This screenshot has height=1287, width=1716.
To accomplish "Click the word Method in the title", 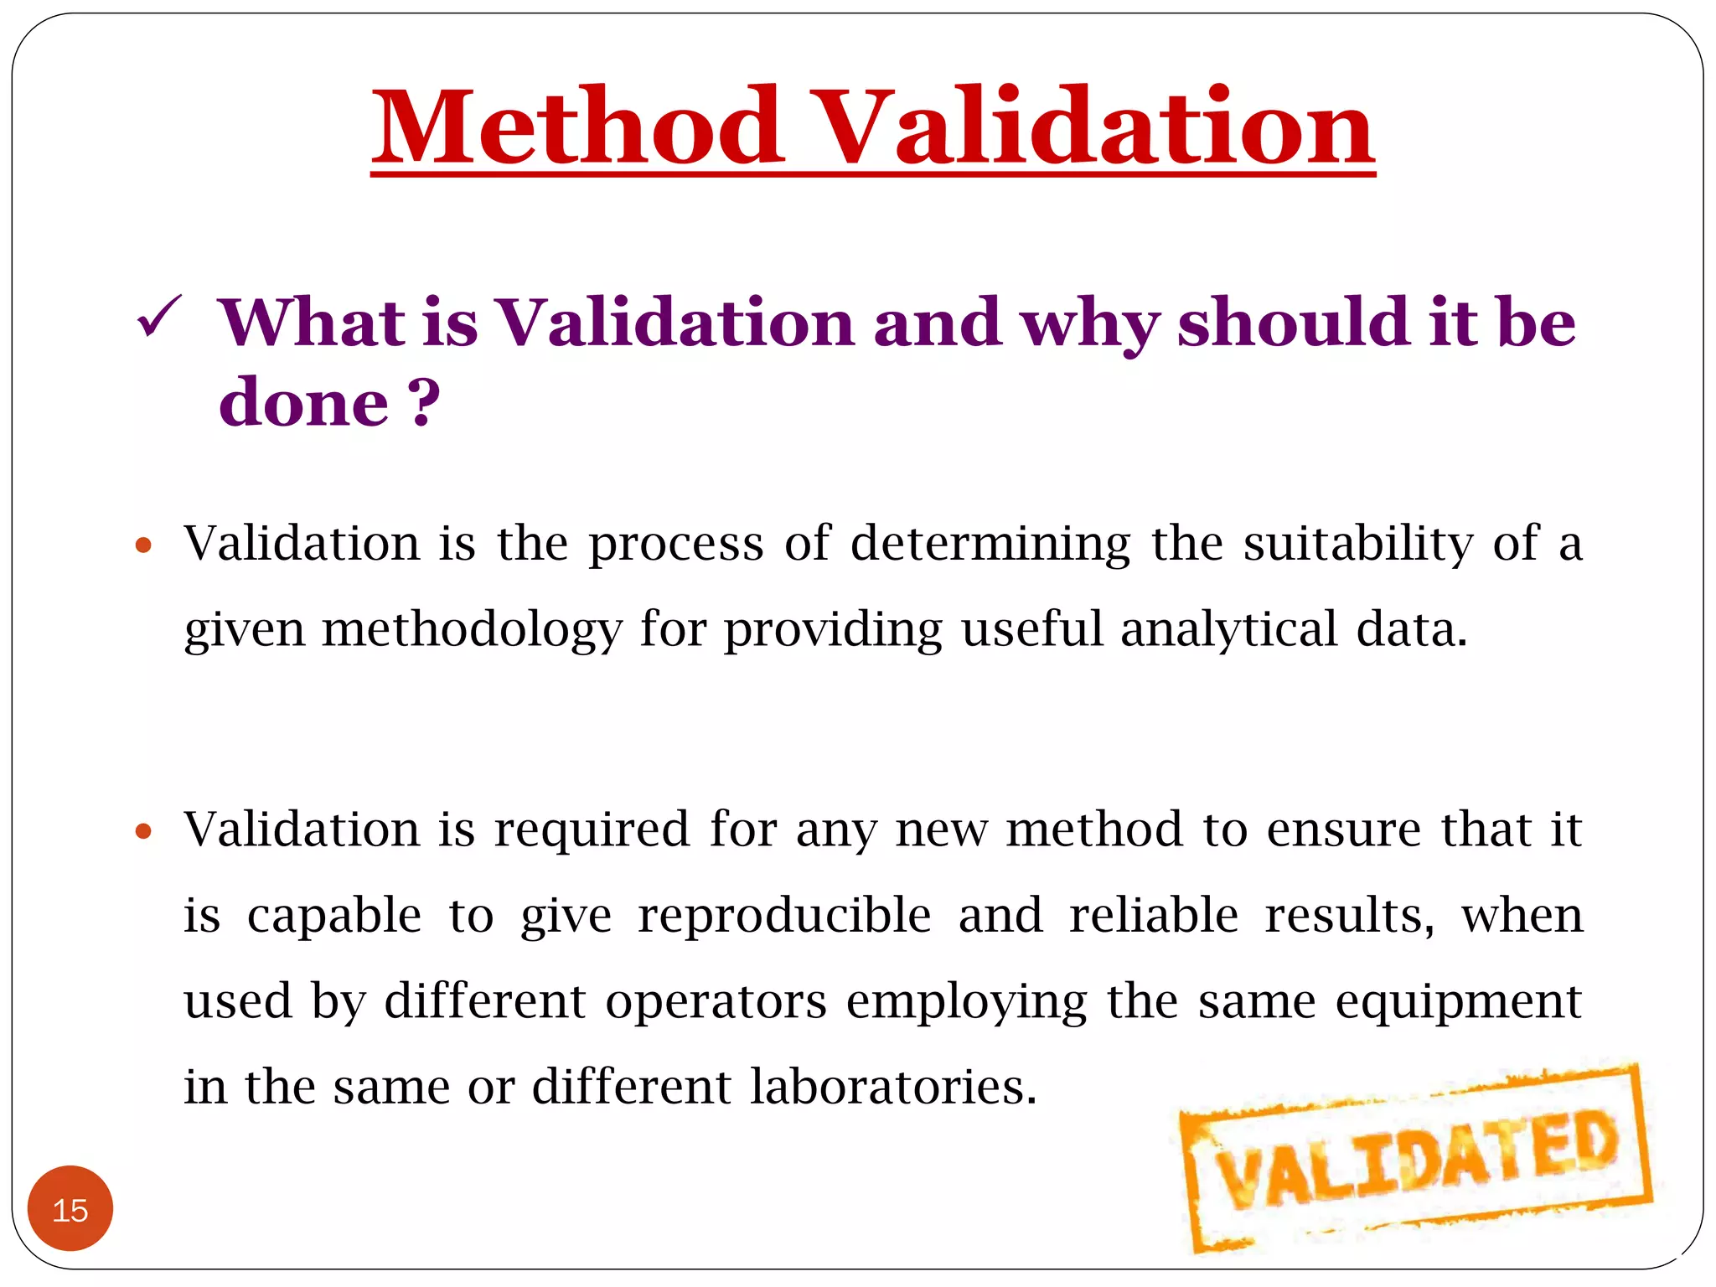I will (578, 127).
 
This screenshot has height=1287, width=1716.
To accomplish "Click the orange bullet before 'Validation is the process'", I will (143, 546).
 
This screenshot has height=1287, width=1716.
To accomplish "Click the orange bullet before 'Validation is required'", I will (143, 832).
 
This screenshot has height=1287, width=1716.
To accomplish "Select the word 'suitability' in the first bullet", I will (1358, 543).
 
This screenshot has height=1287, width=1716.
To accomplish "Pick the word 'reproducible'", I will (784, 915).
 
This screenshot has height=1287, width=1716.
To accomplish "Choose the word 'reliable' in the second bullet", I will (1154, 915).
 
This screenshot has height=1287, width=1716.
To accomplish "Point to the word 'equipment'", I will (1458, 1003).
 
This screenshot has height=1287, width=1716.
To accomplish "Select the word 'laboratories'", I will (893, 1087).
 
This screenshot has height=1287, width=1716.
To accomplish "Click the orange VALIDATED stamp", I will (1416, 1160).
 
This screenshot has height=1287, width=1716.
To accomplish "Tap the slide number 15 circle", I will (70, 1209).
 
